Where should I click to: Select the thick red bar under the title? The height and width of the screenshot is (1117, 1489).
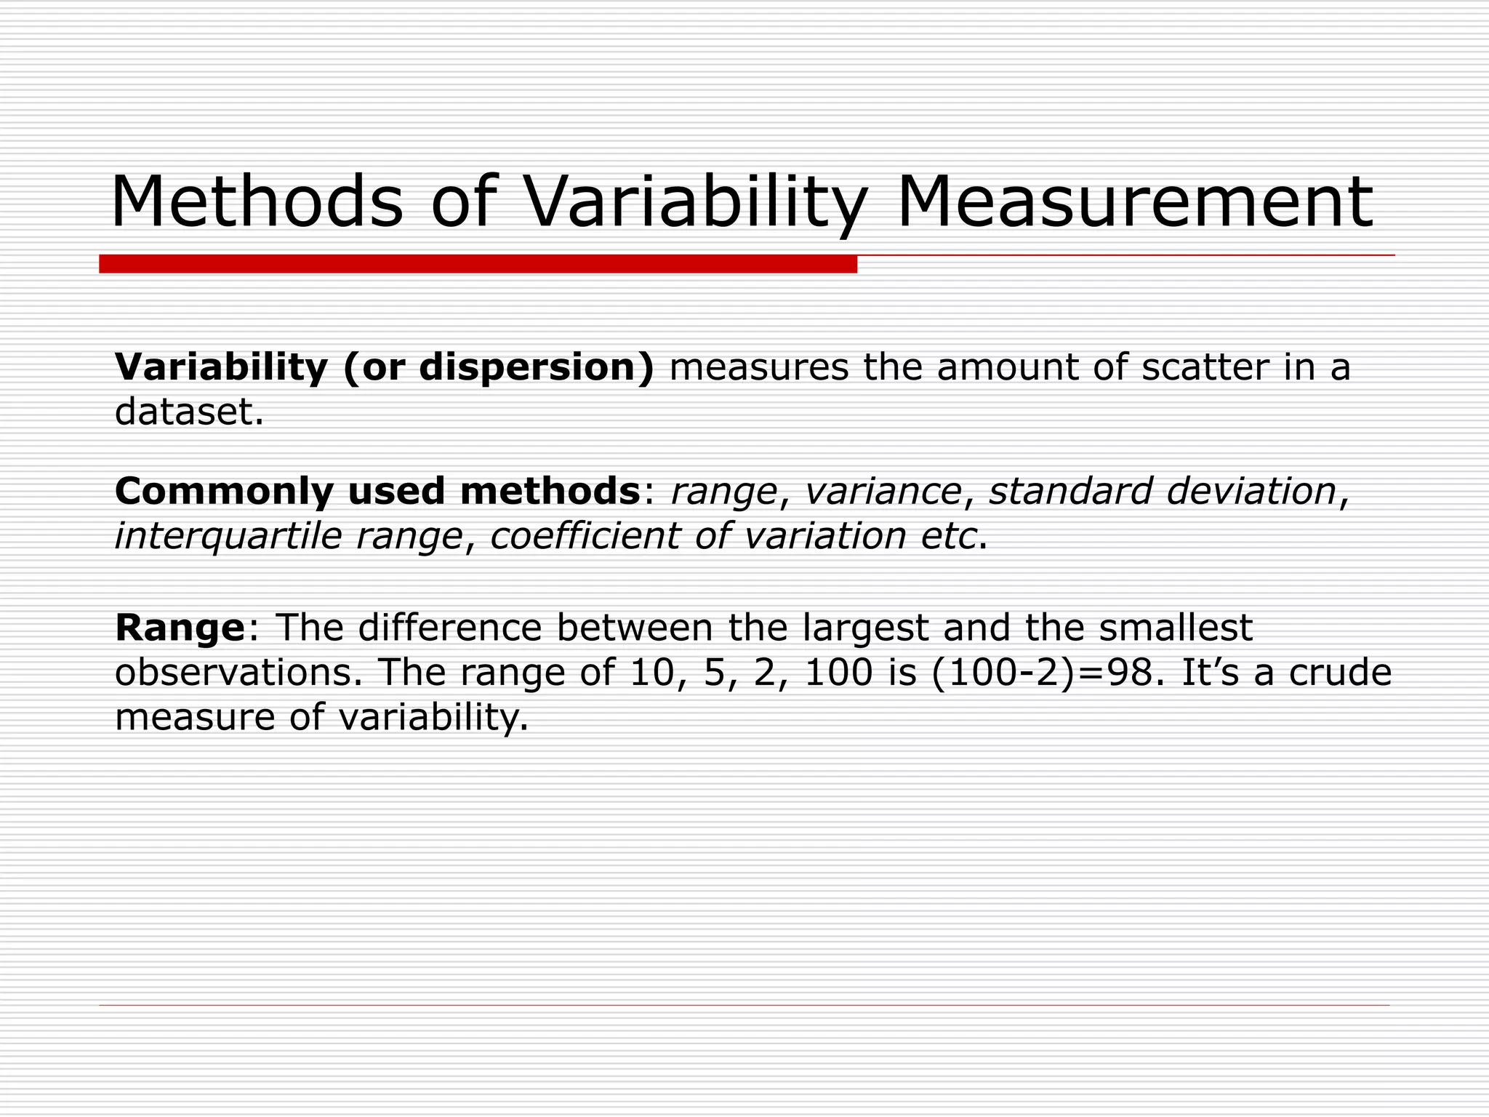click(478, 264)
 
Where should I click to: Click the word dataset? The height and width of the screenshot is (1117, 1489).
click(188, 412)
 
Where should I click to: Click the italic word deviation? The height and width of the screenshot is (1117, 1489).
click(1251, 491)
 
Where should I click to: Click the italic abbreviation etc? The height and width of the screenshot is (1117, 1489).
click(948, 537)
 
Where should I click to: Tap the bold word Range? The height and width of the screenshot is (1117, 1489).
click(180, 628)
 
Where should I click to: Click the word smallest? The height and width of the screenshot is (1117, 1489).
click(1176, 628)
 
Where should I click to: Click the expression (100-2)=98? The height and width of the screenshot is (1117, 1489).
click(1046, 673)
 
